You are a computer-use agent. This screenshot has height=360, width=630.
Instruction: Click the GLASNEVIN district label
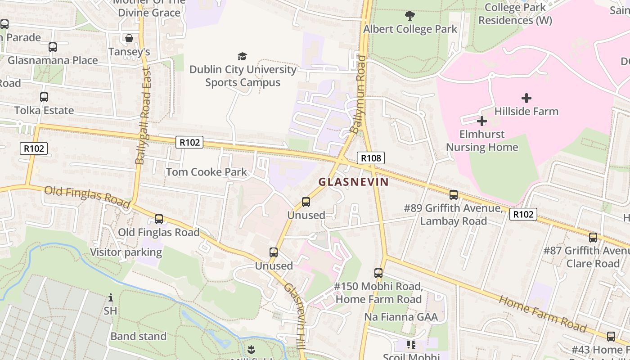pos(353,182)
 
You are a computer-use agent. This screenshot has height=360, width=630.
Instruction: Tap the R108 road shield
pos(371,157)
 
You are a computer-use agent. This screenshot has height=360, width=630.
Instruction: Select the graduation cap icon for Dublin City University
pos(243,56)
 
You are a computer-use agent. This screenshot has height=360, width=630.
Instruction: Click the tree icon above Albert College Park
pos(409,16)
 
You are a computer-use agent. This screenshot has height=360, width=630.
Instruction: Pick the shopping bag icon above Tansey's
pos(129,38)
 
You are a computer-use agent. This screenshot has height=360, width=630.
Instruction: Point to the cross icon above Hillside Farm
pos(526,98)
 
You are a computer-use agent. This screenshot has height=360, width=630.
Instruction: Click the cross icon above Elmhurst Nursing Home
pos(481,121)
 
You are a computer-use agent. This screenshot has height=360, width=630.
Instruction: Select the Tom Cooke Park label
pos(207,172)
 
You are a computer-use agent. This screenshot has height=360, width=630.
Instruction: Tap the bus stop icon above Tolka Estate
pos(44,97)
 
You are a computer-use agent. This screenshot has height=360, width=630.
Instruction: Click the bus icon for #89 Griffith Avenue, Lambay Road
pos(453,195)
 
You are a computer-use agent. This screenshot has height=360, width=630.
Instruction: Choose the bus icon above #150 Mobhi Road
pos(378,273)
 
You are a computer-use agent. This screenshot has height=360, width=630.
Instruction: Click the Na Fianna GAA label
pos(400,317)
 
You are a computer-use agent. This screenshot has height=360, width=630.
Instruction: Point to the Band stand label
pos(138,336)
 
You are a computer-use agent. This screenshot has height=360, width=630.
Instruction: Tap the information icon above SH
pos(111,297)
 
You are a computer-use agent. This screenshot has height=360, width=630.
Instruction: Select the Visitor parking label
pos(126,252)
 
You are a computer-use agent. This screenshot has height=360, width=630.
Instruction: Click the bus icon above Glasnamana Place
pos(52,47)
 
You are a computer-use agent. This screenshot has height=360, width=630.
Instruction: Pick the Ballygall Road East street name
pos(144,116)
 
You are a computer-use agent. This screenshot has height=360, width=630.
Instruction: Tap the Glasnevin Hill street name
pos(296,315)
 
